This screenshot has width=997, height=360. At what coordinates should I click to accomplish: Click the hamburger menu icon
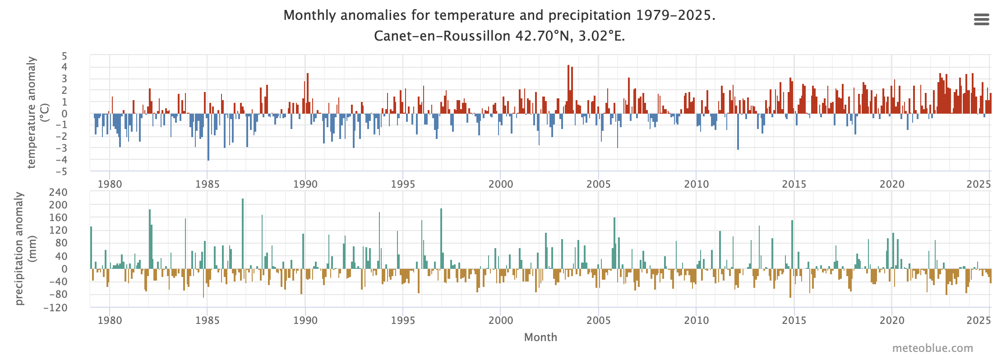click(982, 19)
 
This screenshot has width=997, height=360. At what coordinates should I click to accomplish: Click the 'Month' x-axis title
click(540, 337)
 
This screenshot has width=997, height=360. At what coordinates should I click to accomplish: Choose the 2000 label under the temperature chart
click(500, 184)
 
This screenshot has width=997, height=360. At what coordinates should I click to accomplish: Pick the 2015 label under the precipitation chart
click(794, 321)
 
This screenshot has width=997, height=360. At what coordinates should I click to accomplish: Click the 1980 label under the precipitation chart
click(110, 321)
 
